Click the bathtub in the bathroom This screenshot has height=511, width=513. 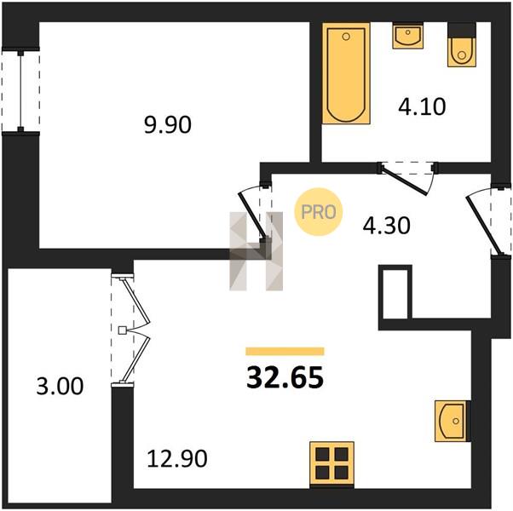[346, 73]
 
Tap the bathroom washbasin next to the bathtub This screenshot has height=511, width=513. [407, 35]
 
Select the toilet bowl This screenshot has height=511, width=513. [462, 45]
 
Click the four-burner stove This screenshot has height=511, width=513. [331, 463]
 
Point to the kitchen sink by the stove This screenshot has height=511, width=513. [452, 421]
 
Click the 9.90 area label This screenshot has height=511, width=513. [168, 125]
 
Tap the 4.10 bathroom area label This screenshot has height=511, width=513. [422, 106]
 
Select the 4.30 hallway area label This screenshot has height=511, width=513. [386, 226]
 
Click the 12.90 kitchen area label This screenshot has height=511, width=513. [177, 458]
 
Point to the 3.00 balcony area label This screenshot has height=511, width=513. [60, 386]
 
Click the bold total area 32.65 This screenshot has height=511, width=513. [285, 377]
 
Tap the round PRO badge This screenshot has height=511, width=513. [319, 212]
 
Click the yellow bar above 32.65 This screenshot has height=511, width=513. [285, 351]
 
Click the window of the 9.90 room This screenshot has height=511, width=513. [20, 90]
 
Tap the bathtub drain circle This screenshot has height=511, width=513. [346, 37]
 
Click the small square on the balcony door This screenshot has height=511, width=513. [122, 330]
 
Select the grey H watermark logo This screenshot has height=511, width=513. [256, 251]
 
